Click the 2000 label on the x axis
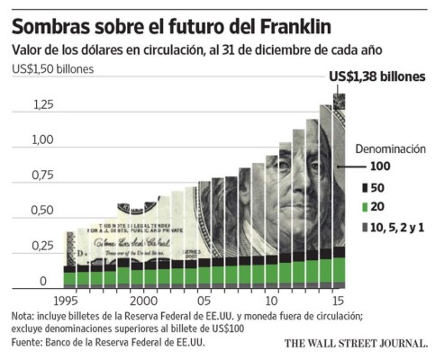click(143, 301)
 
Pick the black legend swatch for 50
click(365, 188)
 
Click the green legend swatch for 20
click(365, 208)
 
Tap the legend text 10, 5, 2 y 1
click(399, 229)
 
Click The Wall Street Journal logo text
click(356, 344)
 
